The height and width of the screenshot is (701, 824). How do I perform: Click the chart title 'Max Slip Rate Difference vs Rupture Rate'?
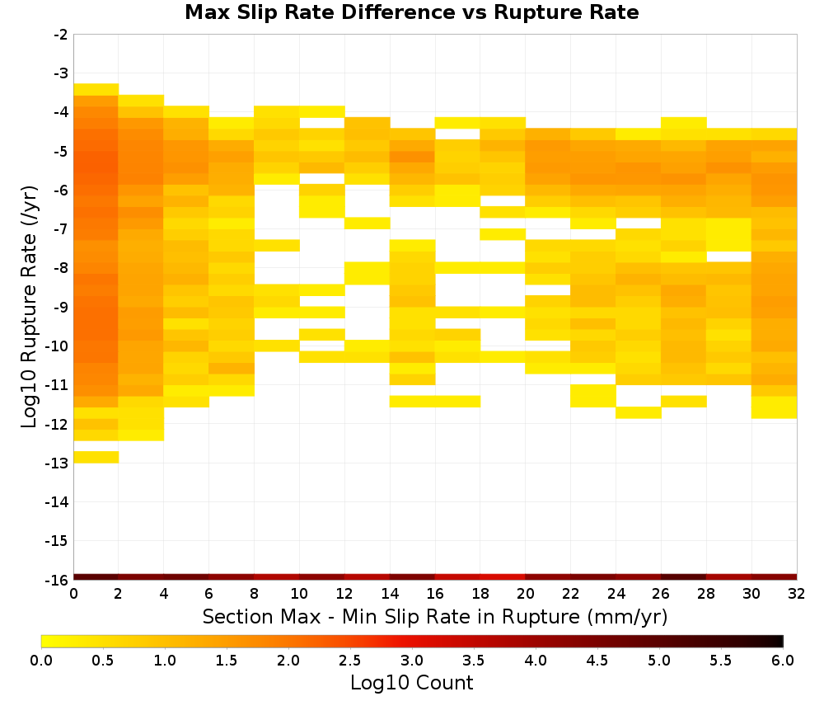coord(411,12)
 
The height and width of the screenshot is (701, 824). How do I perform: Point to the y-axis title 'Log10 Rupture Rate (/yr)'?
coord(30,307)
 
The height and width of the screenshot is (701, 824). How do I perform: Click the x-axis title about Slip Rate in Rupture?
coord(434,617)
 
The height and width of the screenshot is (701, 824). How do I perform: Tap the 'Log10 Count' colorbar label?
coord(411,683)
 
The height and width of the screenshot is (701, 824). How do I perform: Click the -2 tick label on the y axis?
coord(61,35)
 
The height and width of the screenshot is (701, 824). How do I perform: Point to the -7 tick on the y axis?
coord(61,229)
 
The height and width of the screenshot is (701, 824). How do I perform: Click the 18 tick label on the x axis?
coord(480,594)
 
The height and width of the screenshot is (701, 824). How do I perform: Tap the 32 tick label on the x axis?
coord(797,594)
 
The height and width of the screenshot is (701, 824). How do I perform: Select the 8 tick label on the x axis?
coord(255,594)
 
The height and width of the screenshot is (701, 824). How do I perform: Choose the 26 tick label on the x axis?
coord(661,594)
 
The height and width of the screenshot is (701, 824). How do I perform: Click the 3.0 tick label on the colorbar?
coord(412,661)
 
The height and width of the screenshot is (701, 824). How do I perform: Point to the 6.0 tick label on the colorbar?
coord(783,661)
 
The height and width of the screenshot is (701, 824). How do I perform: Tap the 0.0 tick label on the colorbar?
coord(41,661)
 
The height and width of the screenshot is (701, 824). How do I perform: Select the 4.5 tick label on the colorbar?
coord(597,661)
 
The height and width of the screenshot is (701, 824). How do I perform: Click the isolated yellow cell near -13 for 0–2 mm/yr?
coord(96,457)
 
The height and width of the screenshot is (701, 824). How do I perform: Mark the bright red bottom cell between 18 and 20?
coord(503,577)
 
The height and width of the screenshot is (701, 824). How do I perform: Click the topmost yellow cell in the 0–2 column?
coord(96,89)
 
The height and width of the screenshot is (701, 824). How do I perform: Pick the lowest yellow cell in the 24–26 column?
coord(639,413)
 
